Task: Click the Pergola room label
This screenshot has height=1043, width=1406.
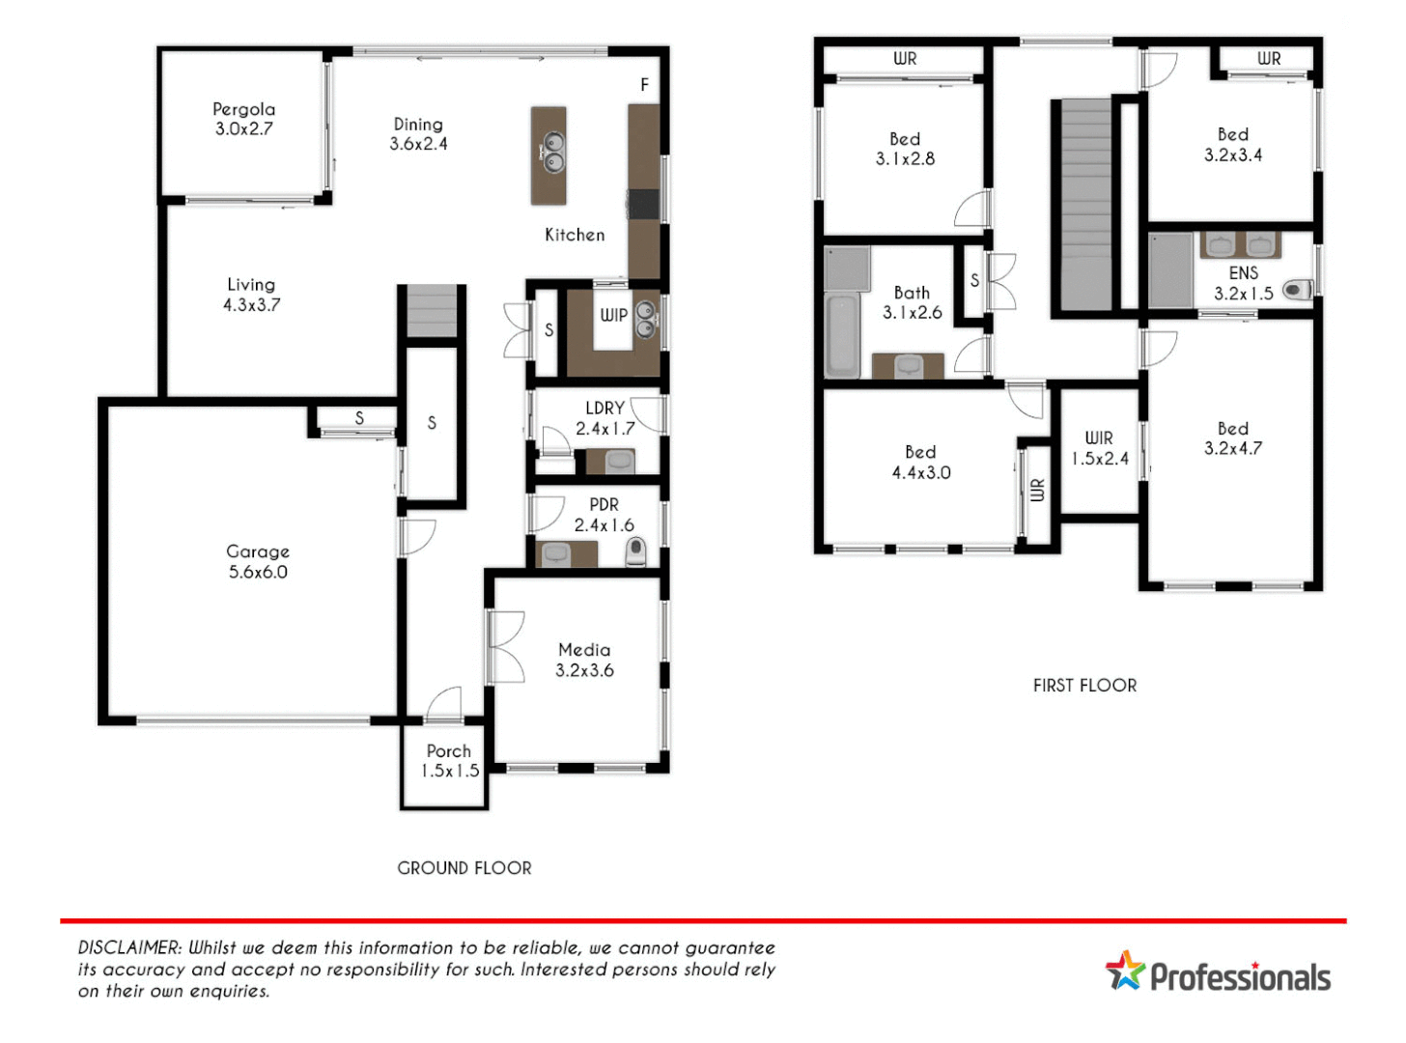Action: click(243, 110)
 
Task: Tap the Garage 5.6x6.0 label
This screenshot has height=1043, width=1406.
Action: click(258, 561)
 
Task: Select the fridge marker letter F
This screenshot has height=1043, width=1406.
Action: click(644, 85)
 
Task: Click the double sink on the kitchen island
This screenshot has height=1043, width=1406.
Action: click(553, 153)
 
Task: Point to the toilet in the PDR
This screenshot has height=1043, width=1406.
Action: click(635, 551)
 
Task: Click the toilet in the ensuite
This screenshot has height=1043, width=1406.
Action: click(1297, 289)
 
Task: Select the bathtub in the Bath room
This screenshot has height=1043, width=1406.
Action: click(842, 335)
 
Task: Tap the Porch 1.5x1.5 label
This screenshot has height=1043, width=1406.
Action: click(449, 761)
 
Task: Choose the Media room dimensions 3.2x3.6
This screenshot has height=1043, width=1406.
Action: click(584, 670)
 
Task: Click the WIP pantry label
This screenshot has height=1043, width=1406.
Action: click(613, 315)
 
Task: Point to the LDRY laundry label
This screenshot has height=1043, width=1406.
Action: click(605, 409)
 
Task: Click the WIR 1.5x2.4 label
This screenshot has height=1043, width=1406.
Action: click(1099, 448)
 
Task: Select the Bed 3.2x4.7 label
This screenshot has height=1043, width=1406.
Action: click(1232, 438)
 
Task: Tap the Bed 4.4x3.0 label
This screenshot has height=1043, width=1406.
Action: click(920, 463)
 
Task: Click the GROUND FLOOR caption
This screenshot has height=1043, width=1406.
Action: click(464, 868)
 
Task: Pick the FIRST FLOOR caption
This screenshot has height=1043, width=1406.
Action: click(1084, 686)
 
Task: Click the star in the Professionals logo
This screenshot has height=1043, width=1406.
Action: click(1125, 971)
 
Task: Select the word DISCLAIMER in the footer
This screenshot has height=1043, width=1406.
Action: click(129, 948)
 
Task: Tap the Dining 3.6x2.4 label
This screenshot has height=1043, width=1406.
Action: click(418, 134)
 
